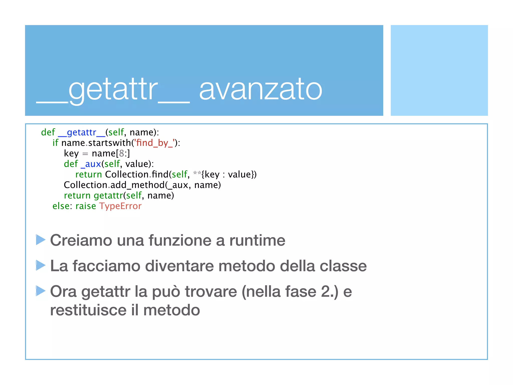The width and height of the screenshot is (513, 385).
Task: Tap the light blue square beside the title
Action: [439, 70]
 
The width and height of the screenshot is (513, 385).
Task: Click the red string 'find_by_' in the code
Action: [154, 143]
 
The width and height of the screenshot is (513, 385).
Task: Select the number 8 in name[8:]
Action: [121, 153]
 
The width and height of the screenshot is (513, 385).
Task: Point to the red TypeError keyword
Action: [120, 206]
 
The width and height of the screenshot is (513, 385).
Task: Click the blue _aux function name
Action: [91, 164]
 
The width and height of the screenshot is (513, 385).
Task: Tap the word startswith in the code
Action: [110, 143]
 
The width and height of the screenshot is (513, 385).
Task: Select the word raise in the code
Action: [86, 206]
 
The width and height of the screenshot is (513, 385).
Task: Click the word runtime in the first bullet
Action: [257, 240]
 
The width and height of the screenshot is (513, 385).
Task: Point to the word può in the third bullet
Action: [166, 292]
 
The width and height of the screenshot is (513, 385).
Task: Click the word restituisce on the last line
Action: [88, 310]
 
